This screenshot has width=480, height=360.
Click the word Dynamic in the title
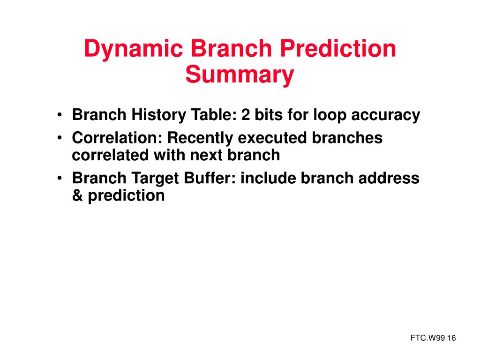(134, 49)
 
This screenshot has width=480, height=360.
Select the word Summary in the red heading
(240, 75)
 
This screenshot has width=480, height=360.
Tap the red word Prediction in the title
(338, 48)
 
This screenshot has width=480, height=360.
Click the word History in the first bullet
(158, 115)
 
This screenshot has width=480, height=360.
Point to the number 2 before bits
(246, 115)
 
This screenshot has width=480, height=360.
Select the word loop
(330, 115)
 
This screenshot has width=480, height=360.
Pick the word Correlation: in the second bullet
(117, 138)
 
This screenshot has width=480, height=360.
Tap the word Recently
(200, 138)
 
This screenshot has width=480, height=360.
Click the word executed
(272, 138)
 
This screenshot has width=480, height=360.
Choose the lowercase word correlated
(111, 155)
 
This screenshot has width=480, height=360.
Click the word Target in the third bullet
(155, 179)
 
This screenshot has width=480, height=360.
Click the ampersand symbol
(77, 195)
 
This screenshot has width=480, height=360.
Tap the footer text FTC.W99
(427, 338)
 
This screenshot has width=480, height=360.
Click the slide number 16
(451, 338)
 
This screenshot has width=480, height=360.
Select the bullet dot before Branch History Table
(60, 115)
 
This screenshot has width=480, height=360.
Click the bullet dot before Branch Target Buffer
(60, 178)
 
